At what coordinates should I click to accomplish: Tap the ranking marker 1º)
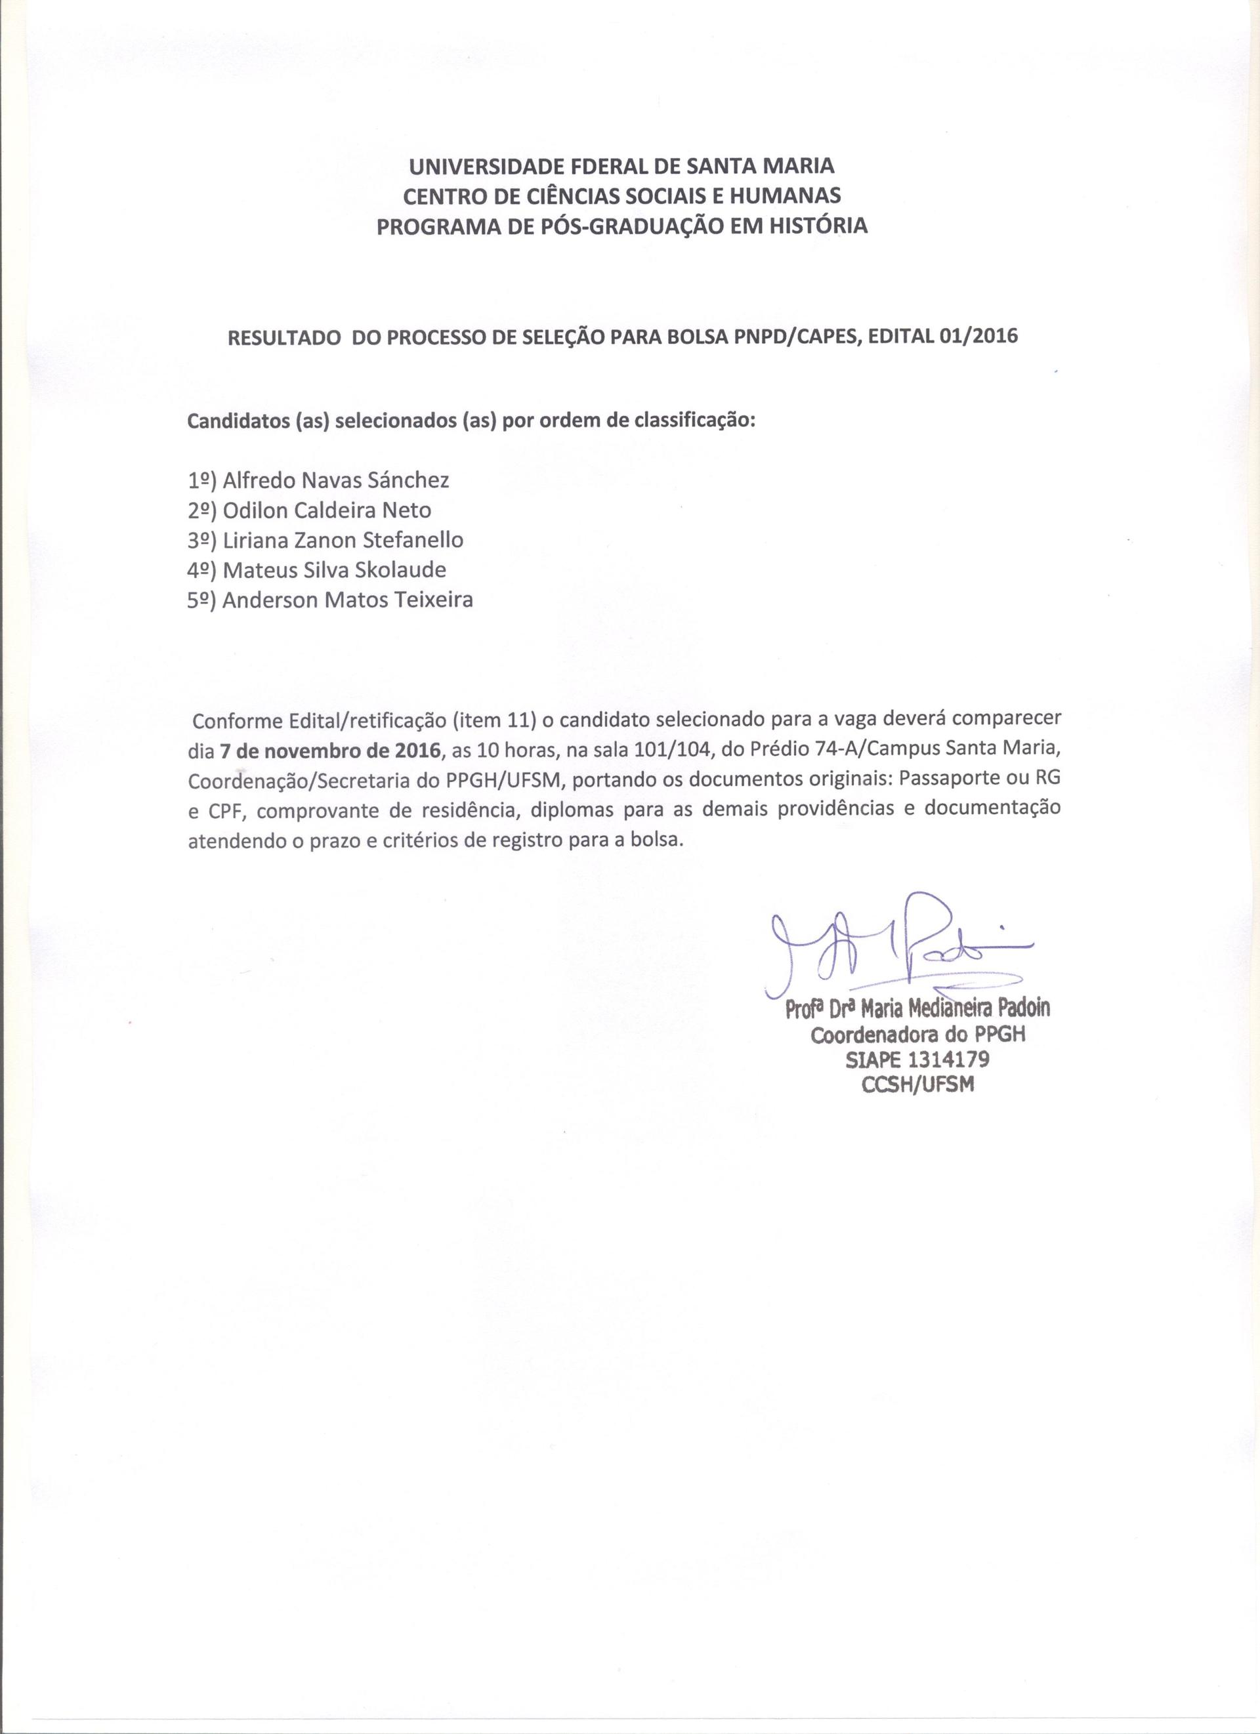[203, 481]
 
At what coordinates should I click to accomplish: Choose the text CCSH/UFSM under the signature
[917, 1085]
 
